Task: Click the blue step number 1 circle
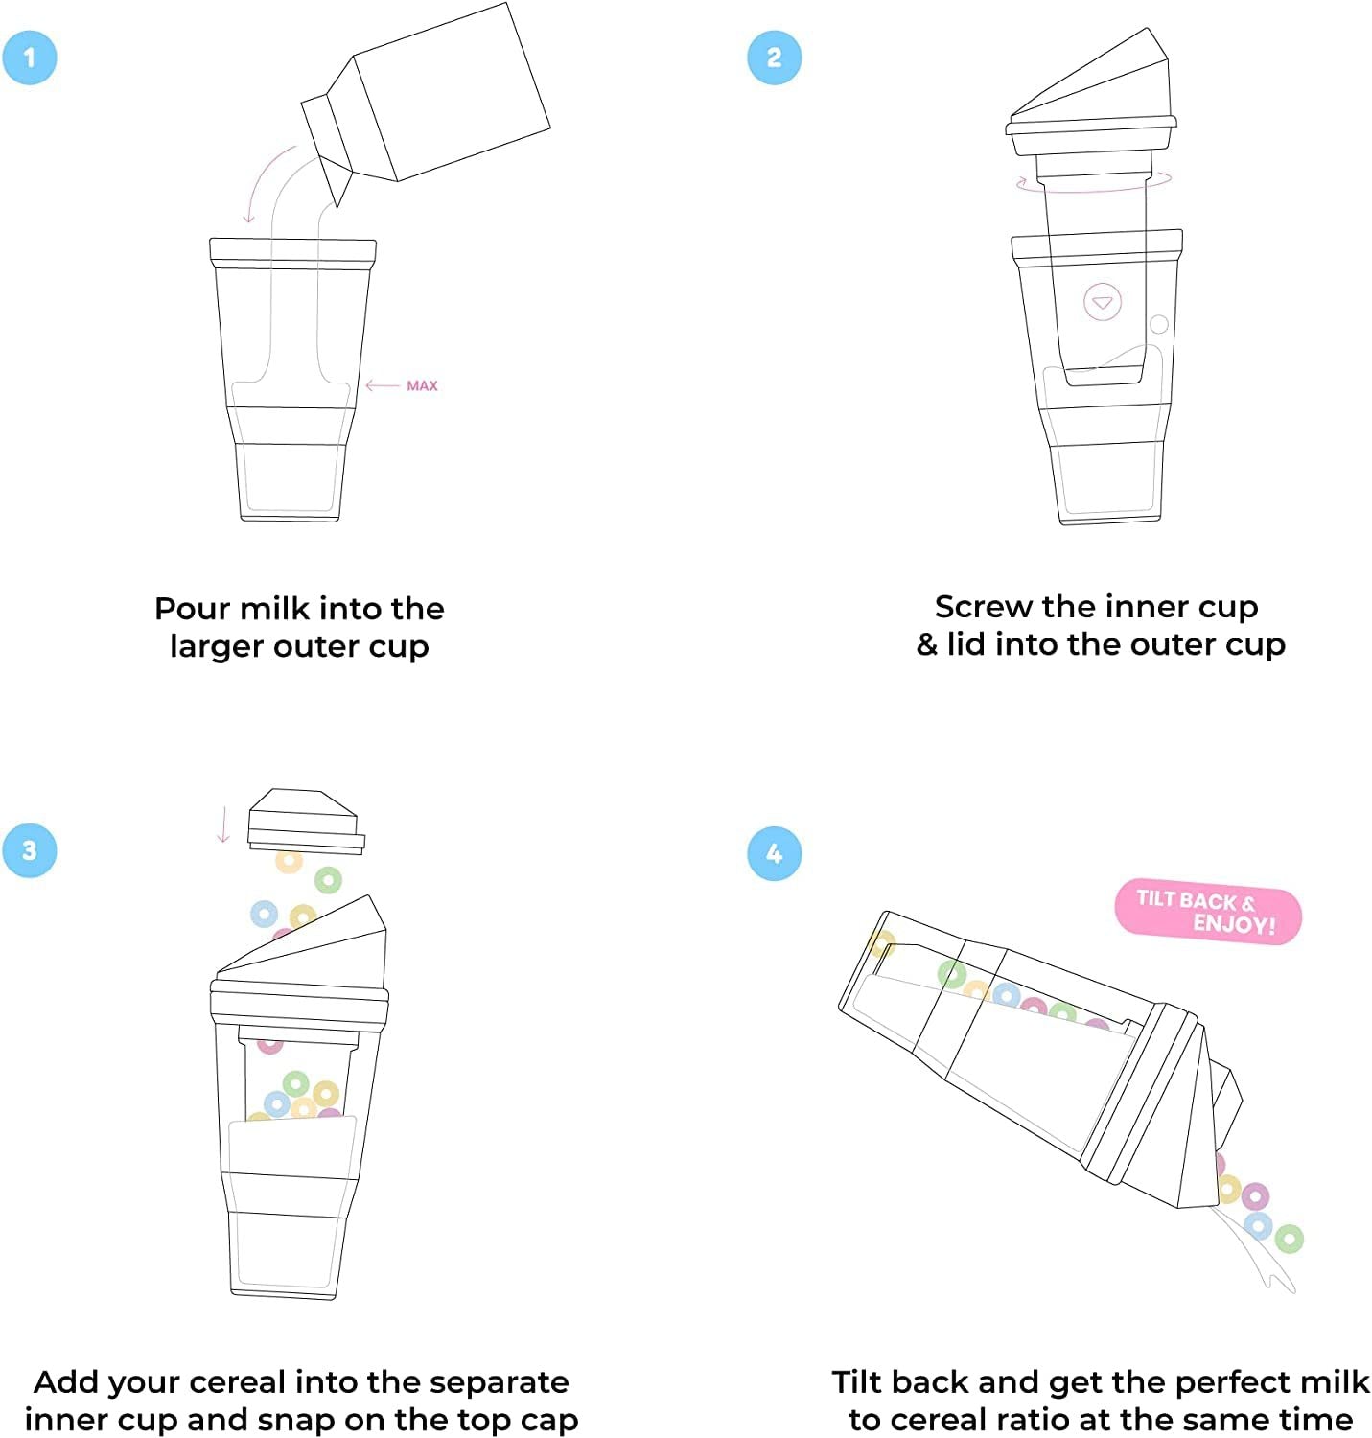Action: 30,58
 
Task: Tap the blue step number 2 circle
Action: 774,58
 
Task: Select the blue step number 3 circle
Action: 30,850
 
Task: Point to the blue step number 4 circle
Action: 774,853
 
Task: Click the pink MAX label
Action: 422,385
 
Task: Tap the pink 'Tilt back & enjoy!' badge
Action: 1207,912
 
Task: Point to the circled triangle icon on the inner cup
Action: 1102,302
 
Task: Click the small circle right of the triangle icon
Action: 1158,324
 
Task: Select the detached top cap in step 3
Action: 305,820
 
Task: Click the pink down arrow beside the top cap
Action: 223,824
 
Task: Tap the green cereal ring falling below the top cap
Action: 328,879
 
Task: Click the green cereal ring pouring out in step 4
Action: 1289,1239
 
